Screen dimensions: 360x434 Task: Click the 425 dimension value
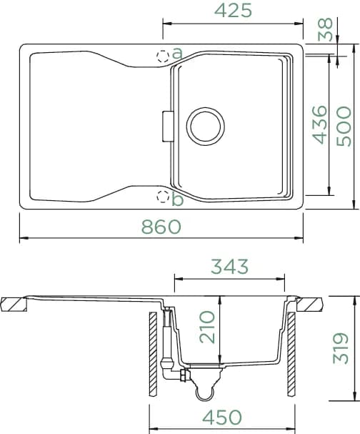[x=233, y=11]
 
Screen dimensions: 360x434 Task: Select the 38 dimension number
[x=325, y=29]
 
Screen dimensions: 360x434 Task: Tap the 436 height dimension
[x=319, y=125]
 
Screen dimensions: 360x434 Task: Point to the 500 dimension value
[x=344, y=127]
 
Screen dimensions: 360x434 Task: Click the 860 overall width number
[x=161, y=227]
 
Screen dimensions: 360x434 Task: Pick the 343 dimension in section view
[x=230, y=267]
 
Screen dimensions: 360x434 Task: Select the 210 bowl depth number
[x=207, y=327]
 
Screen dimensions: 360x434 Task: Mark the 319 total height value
[x=341, y=348]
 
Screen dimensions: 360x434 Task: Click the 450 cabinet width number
[x=222, y=417]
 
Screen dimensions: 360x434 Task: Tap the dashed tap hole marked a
[x=163, y=56]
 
